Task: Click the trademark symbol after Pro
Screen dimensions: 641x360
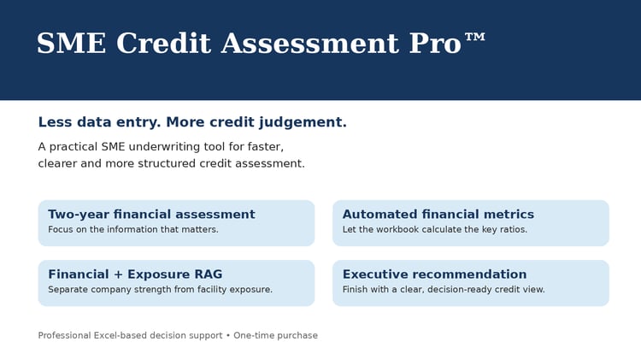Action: [x=475, y=38]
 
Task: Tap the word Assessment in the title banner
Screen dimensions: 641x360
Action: [x=310, y=43]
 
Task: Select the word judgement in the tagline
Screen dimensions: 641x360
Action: [x=303, y=122]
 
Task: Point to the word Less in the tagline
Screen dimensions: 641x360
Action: [x=55, y=122]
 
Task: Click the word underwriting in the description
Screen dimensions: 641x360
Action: [x=175, y=146]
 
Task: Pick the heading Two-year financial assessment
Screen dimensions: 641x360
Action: [x=151, y=215]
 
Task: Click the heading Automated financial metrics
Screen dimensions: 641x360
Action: [x=438, y=214]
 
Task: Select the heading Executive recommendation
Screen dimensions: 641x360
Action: [x=434, y=274]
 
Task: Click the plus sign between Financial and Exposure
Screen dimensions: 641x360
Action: [x=118, y=274]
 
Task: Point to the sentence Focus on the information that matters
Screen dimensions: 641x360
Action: [x=133, y=229]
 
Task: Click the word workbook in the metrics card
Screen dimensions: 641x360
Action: [x=396, y=229]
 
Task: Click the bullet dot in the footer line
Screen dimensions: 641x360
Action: [x=228, y=335]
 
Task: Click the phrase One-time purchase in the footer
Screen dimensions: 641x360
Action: [x=275, y=335]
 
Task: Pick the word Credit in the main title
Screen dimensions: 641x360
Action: [x=163, y=43]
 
